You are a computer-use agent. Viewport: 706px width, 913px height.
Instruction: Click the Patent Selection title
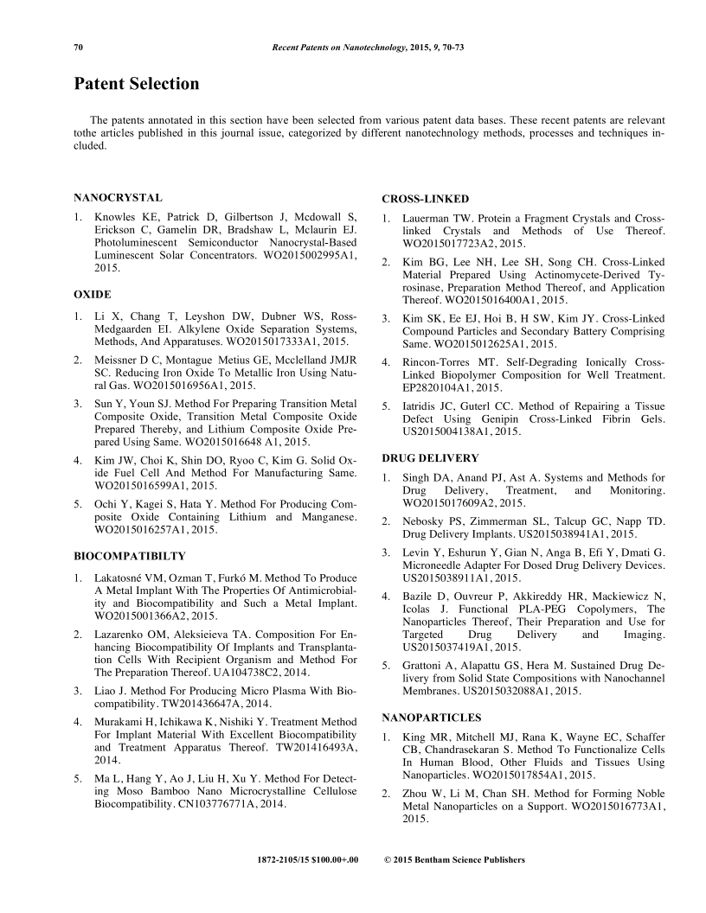pos(137,84)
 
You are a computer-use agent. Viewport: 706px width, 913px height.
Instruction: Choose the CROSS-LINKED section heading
pos(426,199)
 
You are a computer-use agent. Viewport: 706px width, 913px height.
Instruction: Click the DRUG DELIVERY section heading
pos(432,456)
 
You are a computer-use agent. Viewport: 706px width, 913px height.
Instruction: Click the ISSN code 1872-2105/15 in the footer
pos(294,860)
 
